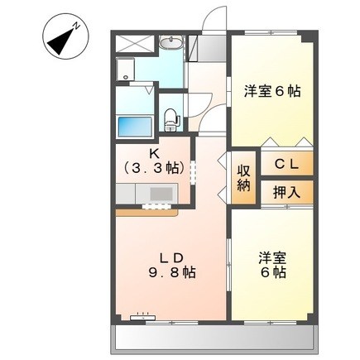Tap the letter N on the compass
76,26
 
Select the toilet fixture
171,120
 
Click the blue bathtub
135,127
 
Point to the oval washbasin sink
171,42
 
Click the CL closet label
286,165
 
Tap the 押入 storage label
286,192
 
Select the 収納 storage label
244,179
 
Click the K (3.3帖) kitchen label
154,162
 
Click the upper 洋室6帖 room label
272,91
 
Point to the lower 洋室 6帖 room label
272,265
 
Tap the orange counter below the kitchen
146,213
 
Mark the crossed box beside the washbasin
134,44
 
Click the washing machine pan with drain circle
125,69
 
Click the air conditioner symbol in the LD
143,317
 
